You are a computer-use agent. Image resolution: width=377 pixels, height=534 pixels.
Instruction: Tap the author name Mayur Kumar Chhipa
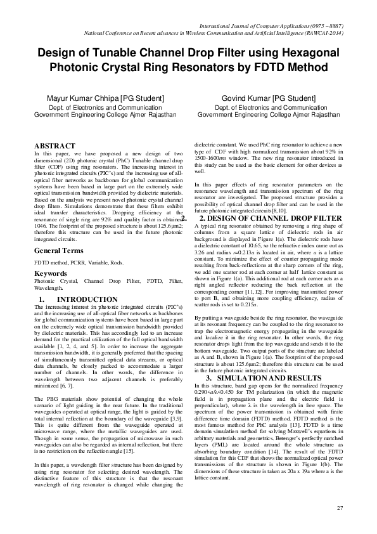pos(88,99)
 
